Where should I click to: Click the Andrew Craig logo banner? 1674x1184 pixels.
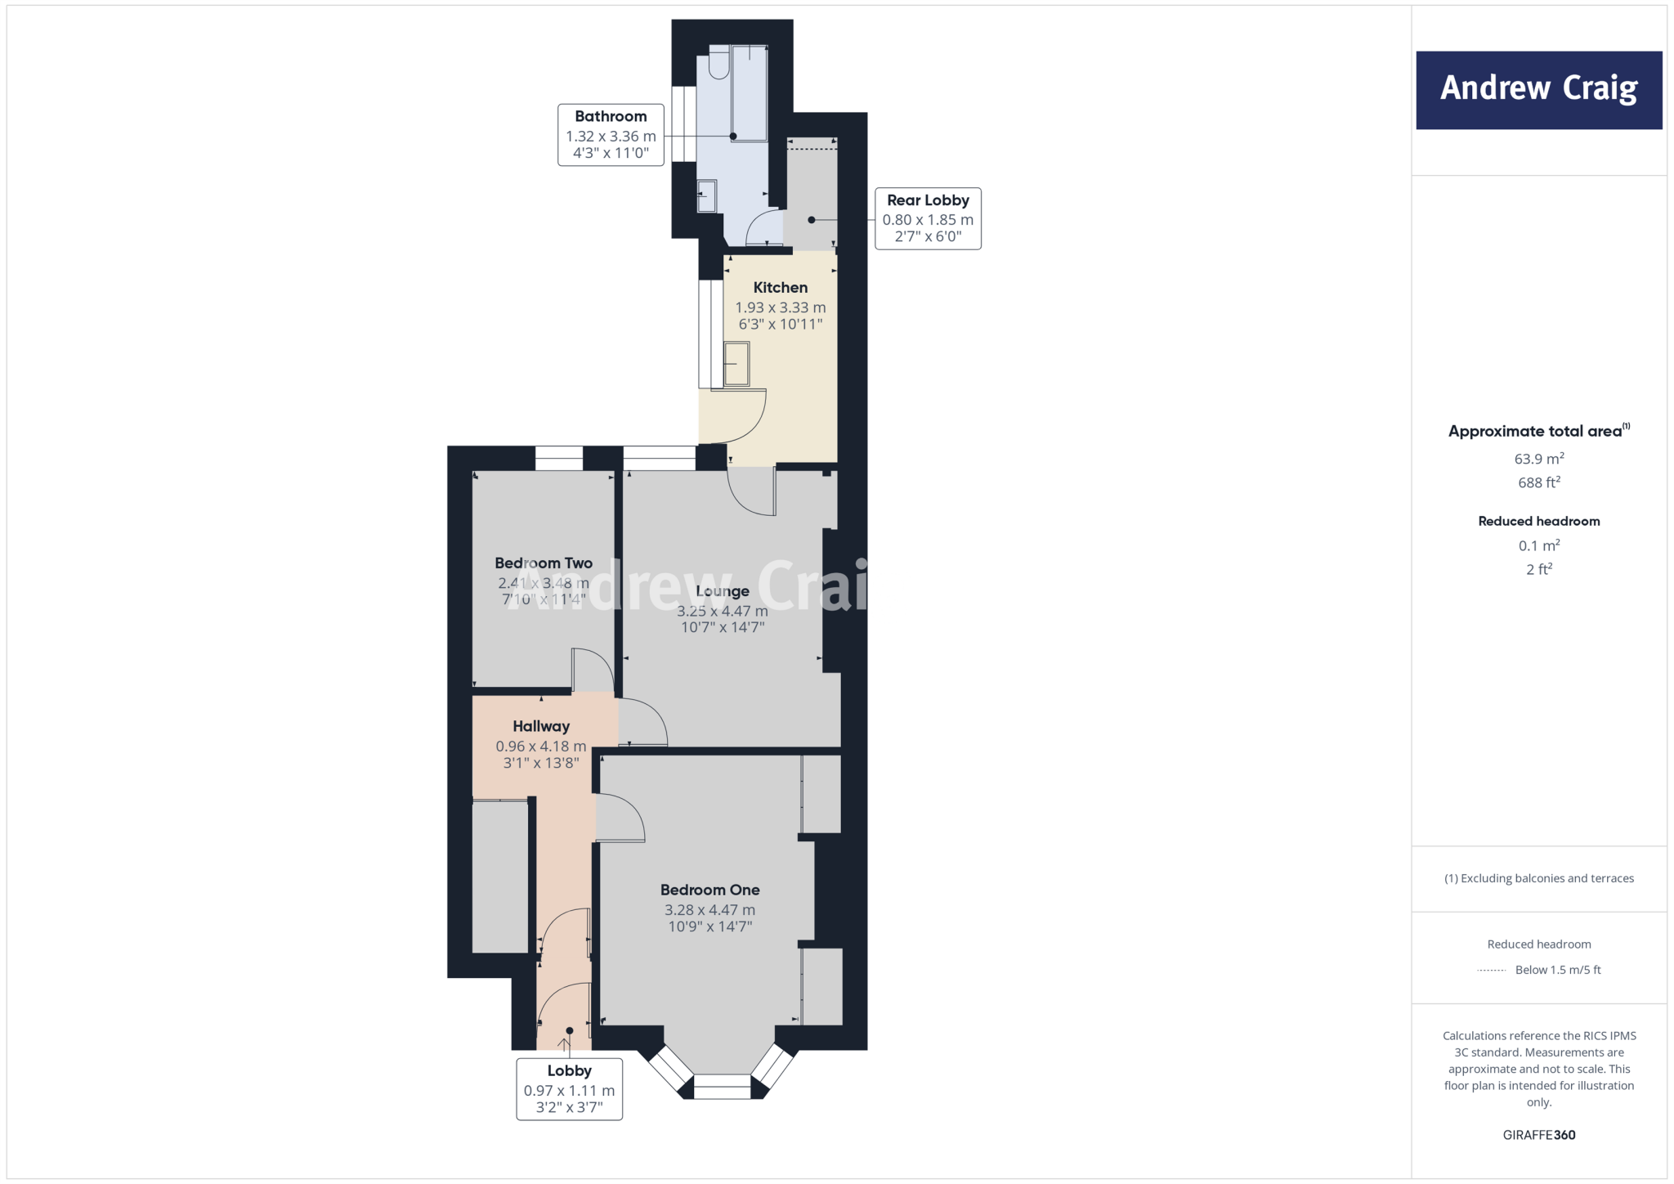pyautogui.click(x=1538, y=90)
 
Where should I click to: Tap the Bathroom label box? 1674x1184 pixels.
pyautogui.click(x=611, y=135)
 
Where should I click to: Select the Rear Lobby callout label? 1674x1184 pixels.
pyautogui.click(x=928, y=218)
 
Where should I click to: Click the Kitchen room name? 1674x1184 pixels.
pyautogui.click(x=780, y=287)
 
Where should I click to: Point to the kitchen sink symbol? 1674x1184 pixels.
pyautogui.click(x=736, y=364)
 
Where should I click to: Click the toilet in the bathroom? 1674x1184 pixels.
pyautogui.click(x=718, y=63)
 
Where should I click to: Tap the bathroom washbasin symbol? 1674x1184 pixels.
pyautogui.click(x=706, y=196)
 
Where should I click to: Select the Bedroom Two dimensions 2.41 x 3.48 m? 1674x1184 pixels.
pyautogui.click(x=543, y=583)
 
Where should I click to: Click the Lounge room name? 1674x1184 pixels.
pyautogui.click(x=722, y=590)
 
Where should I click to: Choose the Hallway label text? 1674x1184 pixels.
pyautogui.click(x=540, y=726)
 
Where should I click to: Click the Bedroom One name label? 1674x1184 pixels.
pyautogui.click(x=709, y=890)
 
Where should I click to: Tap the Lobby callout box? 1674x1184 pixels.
pyautogui.click(x=569, y=1088)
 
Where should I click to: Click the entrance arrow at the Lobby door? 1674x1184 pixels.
pyautogui.click(x=564, y=1044)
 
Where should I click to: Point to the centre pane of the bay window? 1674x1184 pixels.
pyautogui.click(x=722, y=1087)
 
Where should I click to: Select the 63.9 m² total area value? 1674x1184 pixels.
pyautogui.click(x=1538, y=459)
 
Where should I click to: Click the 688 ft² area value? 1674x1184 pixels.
pyautogui.click(x=1538, y=482)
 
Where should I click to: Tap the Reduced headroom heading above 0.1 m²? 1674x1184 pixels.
pyautogui.click(x=1538, y=521)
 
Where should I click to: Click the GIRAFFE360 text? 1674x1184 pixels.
pyautogui.click(x=1538, y=1135)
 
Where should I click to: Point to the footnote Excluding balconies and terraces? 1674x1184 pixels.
pyautogui.click(x=1538, y=878)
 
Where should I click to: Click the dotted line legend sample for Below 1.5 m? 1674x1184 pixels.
pyautogui.click(x=1492, y=971)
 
